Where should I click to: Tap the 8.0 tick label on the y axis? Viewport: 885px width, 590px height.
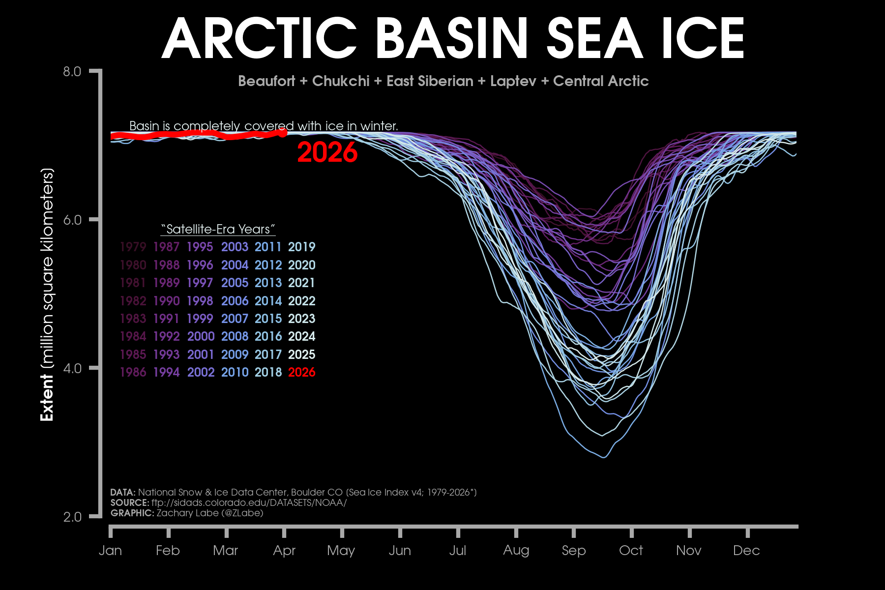(x=72, y=72)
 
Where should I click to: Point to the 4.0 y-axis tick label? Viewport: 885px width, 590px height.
(x=72, y=368)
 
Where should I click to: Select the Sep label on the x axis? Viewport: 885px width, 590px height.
(x=574, y=551)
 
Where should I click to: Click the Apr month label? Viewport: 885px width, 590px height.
(x=284, y=551)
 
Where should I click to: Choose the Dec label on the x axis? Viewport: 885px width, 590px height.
(x=746, y=551)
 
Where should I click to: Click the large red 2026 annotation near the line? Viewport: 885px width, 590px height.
(x=327, y=152)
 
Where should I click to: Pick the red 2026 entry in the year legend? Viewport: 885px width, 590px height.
(x=301, y=372)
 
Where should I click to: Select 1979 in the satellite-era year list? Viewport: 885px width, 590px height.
(x=133, y=247)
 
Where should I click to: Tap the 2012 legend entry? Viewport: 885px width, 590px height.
(x=268, y=265)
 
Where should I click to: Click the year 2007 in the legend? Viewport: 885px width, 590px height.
(x=235, y=319)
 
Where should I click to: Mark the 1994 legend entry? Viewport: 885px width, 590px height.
(x=166, y=372)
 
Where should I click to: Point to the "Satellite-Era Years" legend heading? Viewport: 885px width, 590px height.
(x=218, y=229)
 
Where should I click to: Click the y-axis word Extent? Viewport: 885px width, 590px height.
(x=47, y=397)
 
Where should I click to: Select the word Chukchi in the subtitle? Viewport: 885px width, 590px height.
(x=341, y=81)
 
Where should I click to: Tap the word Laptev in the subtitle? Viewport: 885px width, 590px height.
(x=513, y=81)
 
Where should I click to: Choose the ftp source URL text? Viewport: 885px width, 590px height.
(x=249, y=502)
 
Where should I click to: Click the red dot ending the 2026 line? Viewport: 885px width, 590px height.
(x=283, y=132)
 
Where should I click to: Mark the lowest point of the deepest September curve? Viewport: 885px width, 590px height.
(x=604, y=457)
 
